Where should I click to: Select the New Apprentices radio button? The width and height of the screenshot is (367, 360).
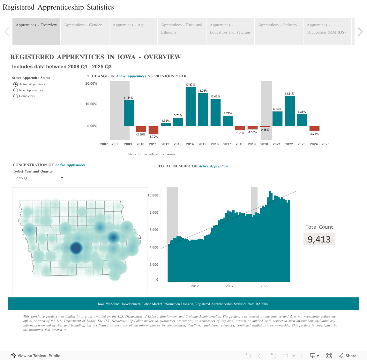[x=16, y=90]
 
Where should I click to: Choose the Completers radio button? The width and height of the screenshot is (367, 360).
[x=16, y=96]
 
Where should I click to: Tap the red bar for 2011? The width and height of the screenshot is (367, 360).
[x=154, y=130]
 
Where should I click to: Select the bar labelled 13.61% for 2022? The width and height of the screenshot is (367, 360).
[x=290, y=111]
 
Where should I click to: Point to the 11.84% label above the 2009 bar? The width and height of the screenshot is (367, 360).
[x=128, y=98]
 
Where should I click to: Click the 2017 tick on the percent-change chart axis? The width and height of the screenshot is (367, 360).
[x=227, y=144]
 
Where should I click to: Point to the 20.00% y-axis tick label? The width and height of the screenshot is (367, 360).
[x=91, y=84]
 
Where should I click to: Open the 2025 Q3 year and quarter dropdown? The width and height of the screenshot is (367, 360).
[x=40, y=178]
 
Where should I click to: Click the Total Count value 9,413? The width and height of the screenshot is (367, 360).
[x=319, y=239]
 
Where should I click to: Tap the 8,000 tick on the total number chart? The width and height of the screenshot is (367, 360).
[x=154, y=212]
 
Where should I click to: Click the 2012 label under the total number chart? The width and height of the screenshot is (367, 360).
[x=195, y=286]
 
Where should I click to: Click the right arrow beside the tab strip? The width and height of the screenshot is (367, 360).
[x=360, y=31]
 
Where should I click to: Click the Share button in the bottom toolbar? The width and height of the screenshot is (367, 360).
[x=348, y=356]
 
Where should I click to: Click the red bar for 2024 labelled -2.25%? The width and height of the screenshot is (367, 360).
[x=314, y=128]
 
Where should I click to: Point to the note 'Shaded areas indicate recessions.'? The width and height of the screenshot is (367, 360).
[x=152, y=154]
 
